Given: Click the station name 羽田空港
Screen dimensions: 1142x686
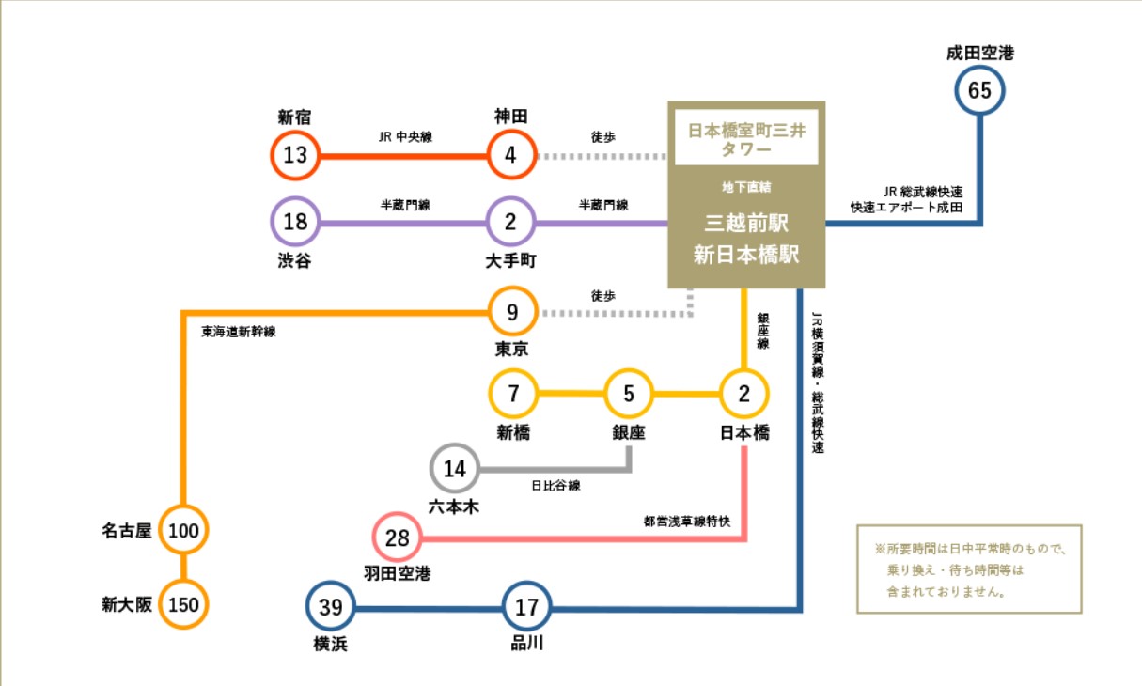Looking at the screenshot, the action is point(398,573).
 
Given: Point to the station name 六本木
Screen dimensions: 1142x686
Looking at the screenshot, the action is point(454,507).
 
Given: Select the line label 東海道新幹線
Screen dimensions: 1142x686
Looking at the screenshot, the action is point(239,332).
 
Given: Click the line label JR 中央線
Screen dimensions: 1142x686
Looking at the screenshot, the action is point(405,136).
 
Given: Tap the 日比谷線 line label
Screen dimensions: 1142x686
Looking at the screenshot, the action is point(555,485).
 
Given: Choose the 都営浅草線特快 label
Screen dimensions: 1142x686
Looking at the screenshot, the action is point(687,521).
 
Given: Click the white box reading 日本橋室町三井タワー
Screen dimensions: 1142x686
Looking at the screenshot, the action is point(746,137).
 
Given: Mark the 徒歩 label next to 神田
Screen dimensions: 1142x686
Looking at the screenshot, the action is point(603,136).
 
